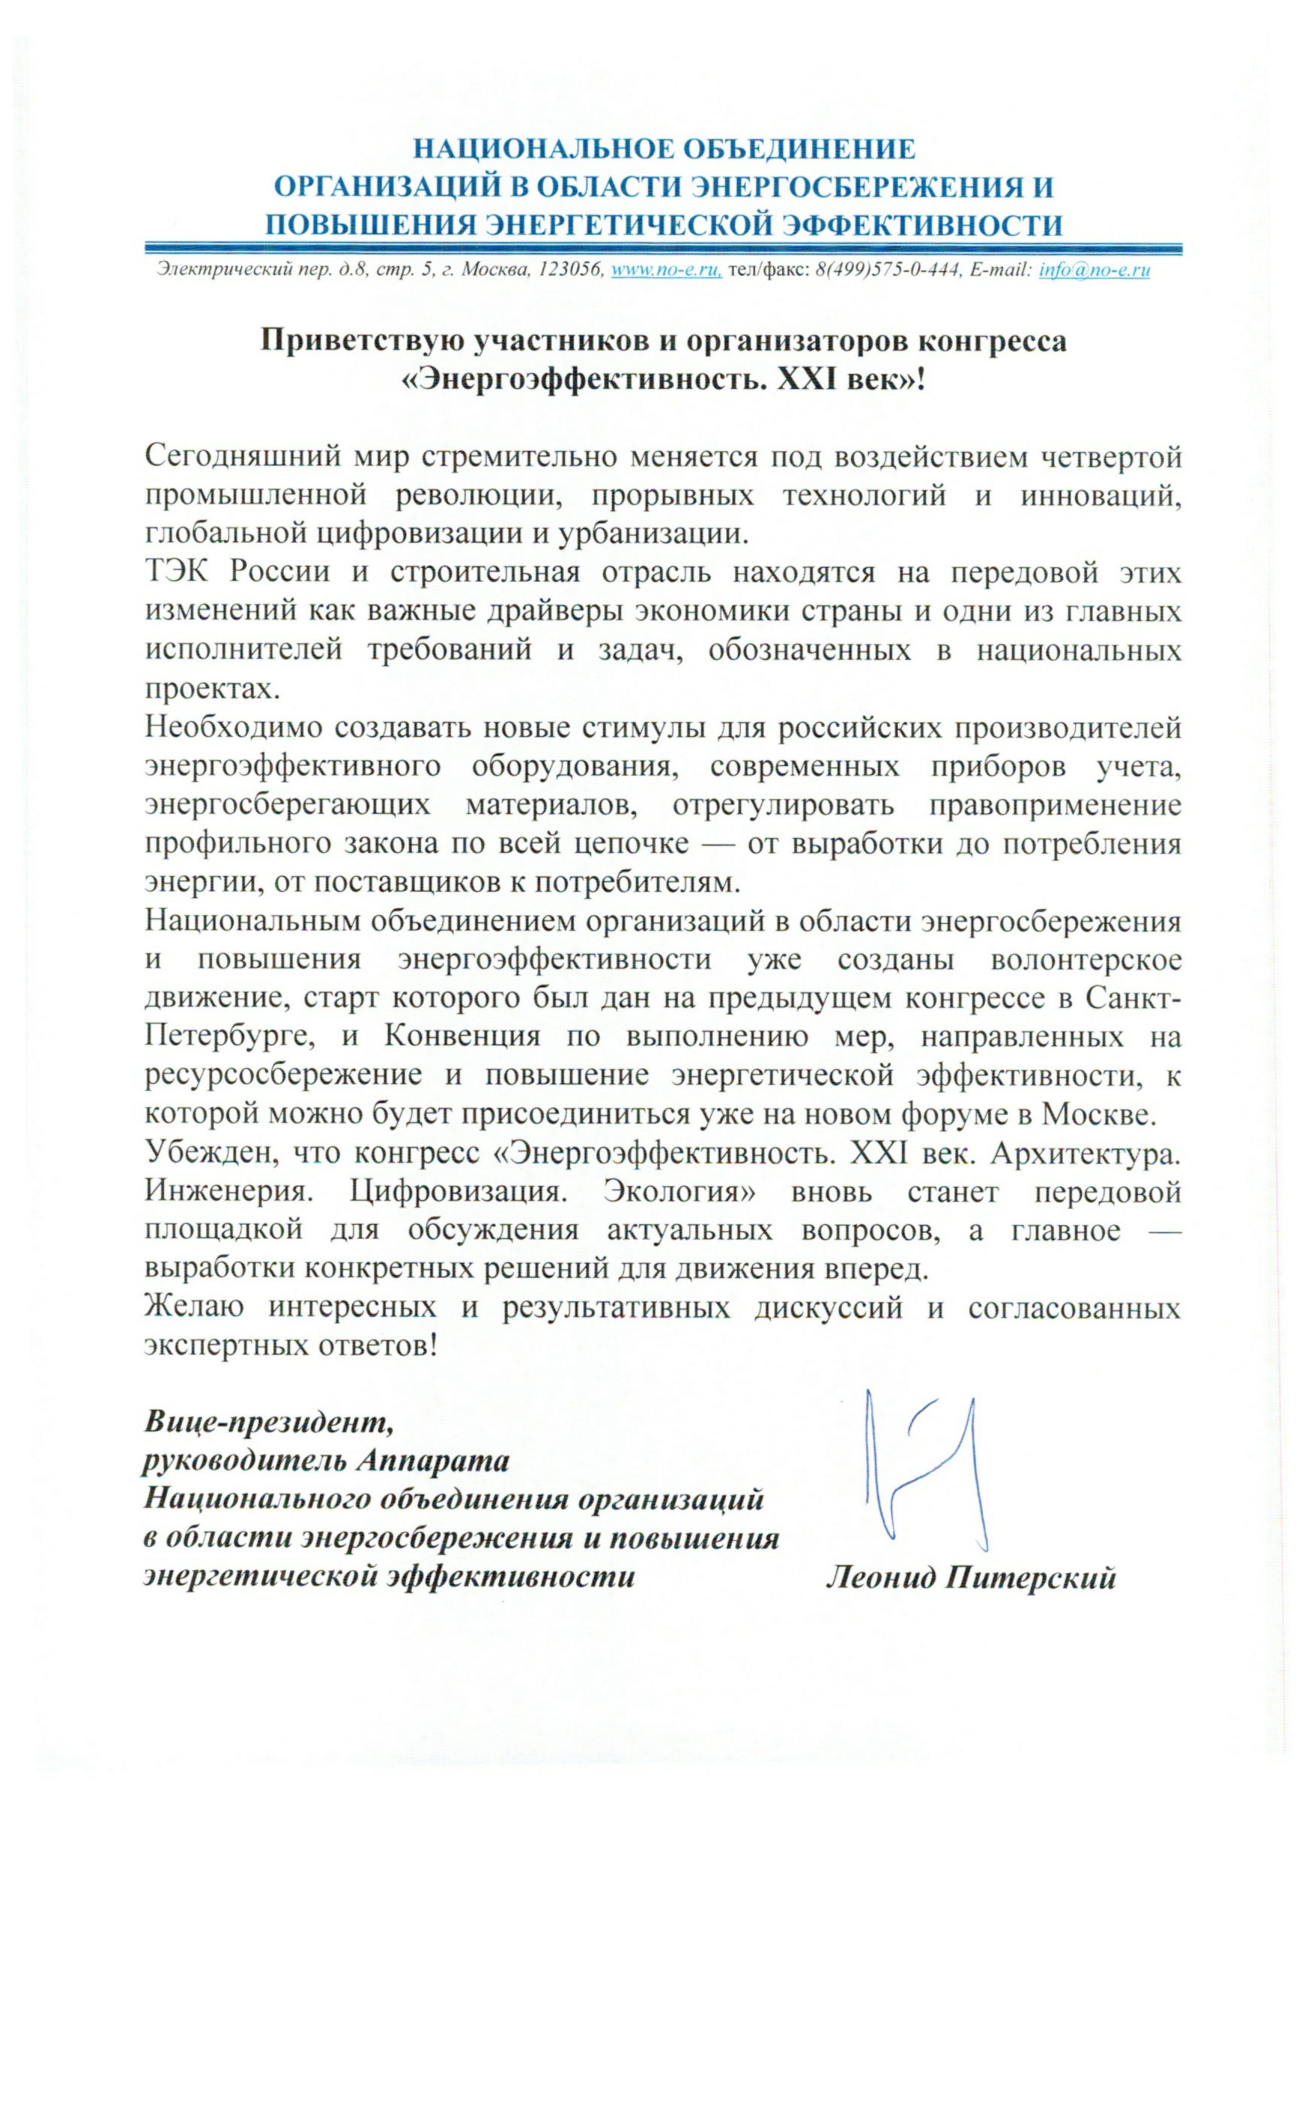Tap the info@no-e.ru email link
click(x=1094, y=270)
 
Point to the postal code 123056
click(x=570, y=270)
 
